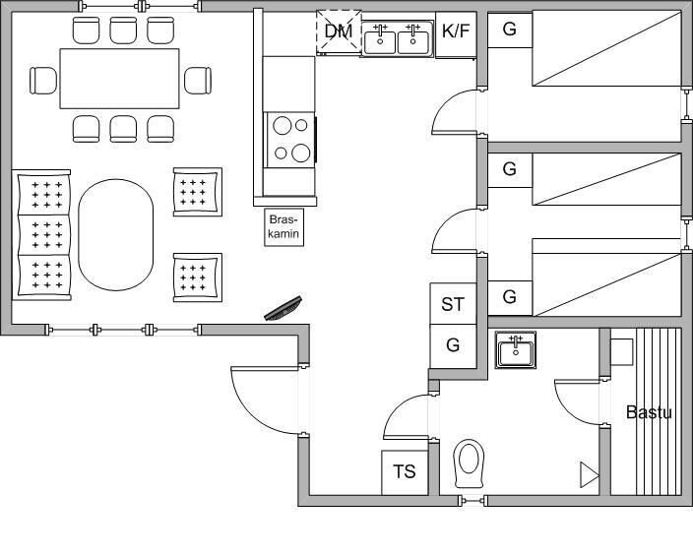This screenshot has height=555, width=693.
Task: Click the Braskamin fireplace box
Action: tap(283, 227)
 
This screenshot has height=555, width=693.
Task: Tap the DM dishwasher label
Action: tap(339, 31)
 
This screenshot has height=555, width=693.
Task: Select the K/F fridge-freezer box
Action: tap(456, 34)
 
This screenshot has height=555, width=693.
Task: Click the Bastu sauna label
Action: tap(649, 412)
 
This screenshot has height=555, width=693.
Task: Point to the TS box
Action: tap(405, 472)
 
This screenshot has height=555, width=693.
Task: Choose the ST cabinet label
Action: tap(453, 304)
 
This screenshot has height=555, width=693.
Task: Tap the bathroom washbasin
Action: tap(516, 350)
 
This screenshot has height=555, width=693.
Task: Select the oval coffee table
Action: tap(116, 234)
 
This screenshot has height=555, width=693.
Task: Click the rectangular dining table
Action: tap(120, 79)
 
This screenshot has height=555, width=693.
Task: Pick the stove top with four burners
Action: tap(290, 140)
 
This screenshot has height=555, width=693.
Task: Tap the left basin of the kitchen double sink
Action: tap(380, 39)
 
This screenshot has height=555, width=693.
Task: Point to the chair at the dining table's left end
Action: tap(43, 81)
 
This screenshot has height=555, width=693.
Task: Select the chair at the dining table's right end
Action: tap(198, 81)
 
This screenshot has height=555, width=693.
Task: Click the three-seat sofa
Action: tap(41, 234)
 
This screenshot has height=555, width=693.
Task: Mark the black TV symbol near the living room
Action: tap(283, 308)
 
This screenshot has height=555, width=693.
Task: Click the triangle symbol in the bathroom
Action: tap(589, 475)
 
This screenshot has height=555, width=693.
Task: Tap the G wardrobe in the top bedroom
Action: tap(510, 30)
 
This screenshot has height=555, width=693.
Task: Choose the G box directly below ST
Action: tap(453, 346)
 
